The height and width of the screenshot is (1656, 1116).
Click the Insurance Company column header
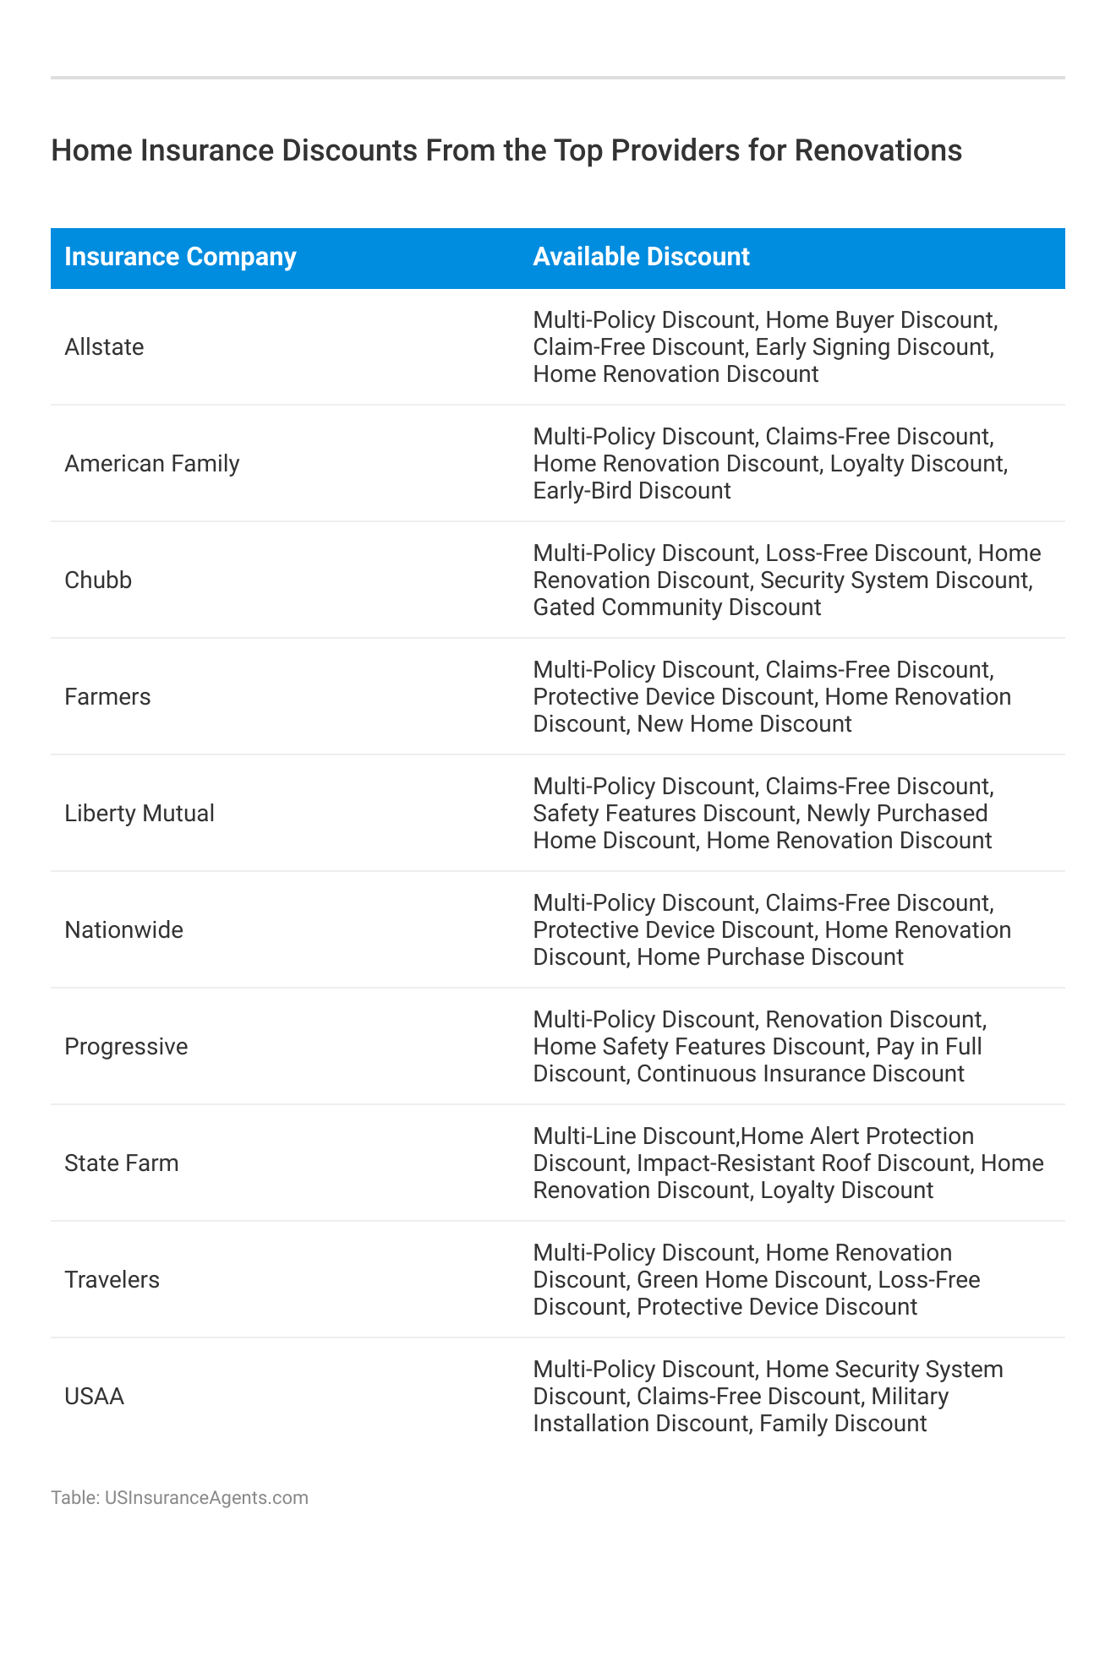click(x=180, y=257)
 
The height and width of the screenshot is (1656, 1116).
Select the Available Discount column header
click(x=641, y=257)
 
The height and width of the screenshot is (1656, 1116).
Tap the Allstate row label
click(x=104, y=347)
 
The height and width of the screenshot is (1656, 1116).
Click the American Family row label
click(x=152, y=464)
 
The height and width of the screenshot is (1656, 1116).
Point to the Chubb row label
click(x=98, y=580)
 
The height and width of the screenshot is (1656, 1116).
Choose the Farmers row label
click(x=107, y=697)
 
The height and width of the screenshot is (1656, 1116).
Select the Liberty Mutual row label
click(x=139, y=814)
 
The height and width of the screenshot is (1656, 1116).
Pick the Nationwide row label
click(x=123, y=930)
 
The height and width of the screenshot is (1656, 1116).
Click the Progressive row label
click(x=126, y=1047)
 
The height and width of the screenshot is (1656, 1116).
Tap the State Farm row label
click(x=122, y=1163)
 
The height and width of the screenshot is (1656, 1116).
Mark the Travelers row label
click(x=112, y=1280)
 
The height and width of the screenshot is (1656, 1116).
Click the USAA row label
click(x=94, y=1397)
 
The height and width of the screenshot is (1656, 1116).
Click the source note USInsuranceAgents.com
click(x=206, y=1498)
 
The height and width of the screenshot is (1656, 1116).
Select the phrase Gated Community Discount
click(x=676, y=607)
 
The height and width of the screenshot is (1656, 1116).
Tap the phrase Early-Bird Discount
click(x=632, y=491)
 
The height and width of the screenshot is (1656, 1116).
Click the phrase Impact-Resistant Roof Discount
click(x=802, y=1163)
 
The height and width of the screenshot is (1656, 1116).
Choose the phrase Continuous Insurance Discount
click(x=800, y=1074)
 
